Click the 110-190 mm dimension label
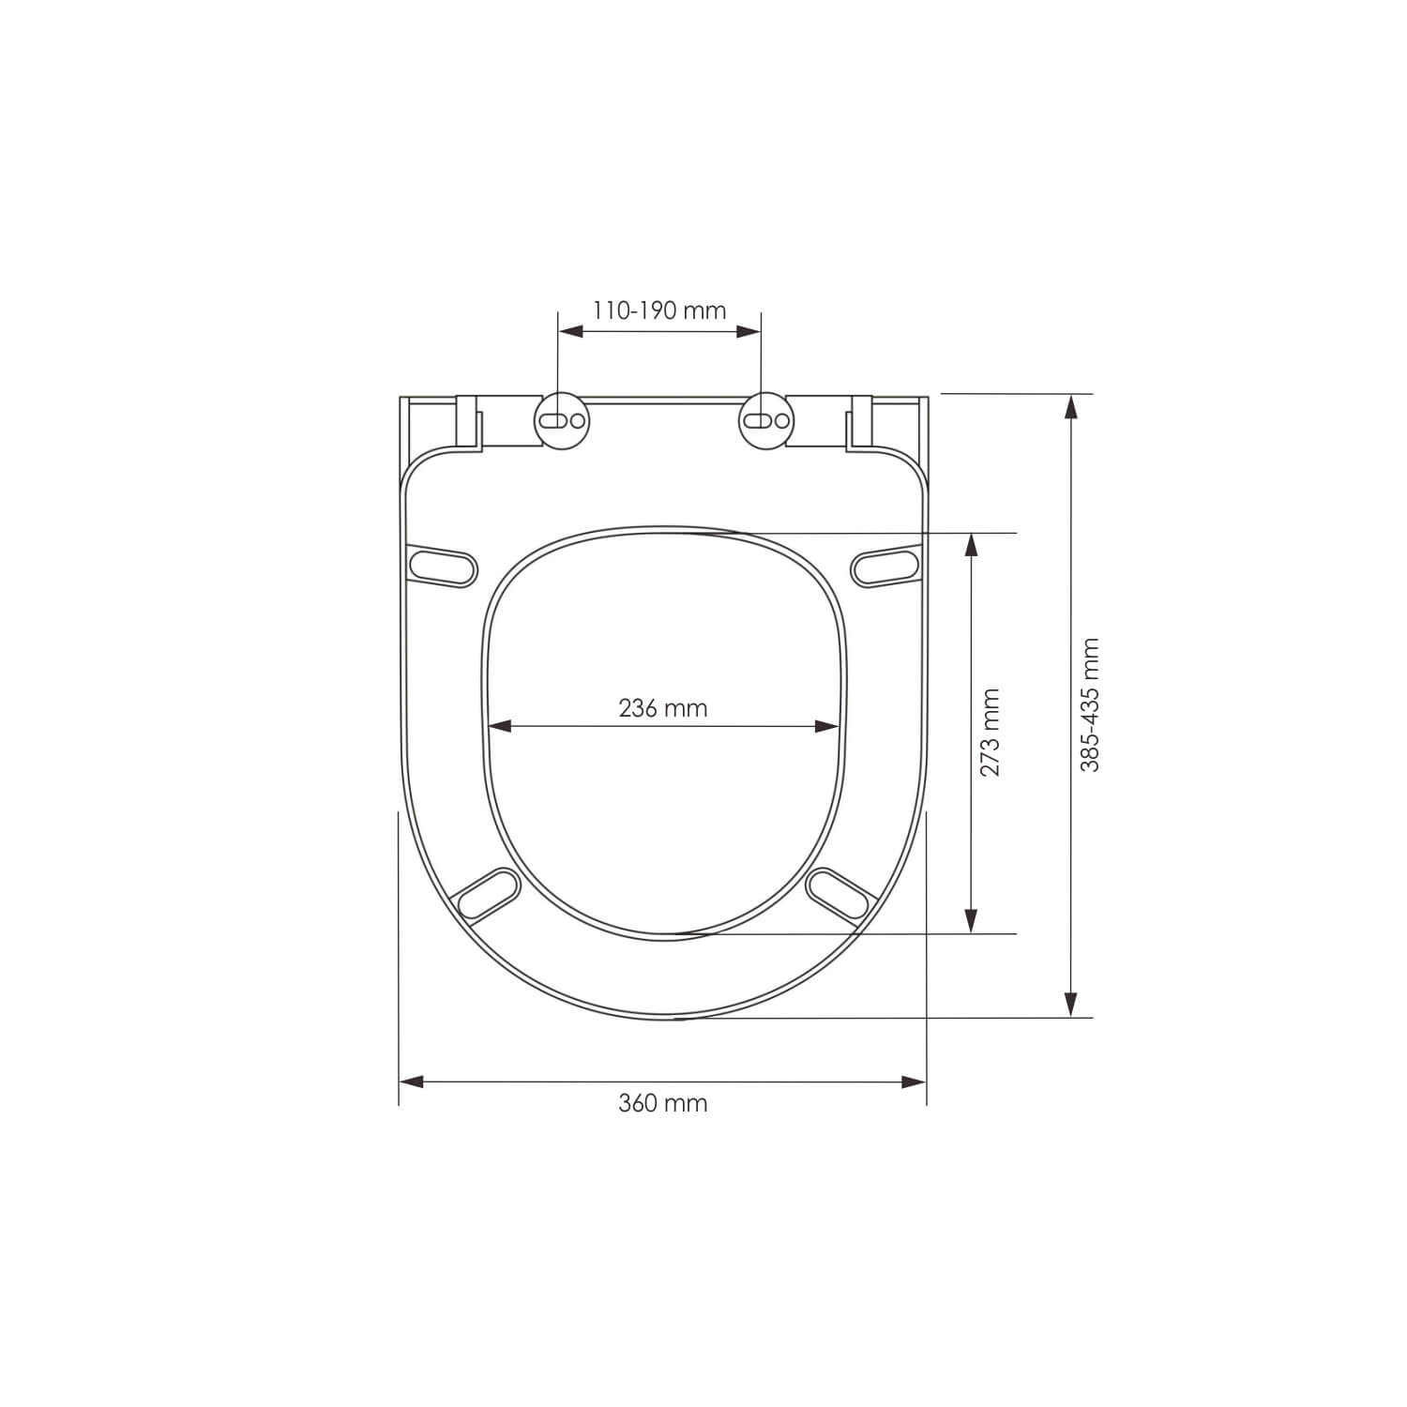coord(659,310)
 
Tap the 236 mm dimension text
coord(663,707)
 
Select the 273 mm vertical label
coord(991,733)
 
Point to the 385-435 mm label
coord(1089,704)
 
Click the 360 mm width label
coord(663,1103)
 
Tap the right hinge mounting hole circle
coord(765,419)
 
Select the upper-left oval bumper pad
coord(444,565)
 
